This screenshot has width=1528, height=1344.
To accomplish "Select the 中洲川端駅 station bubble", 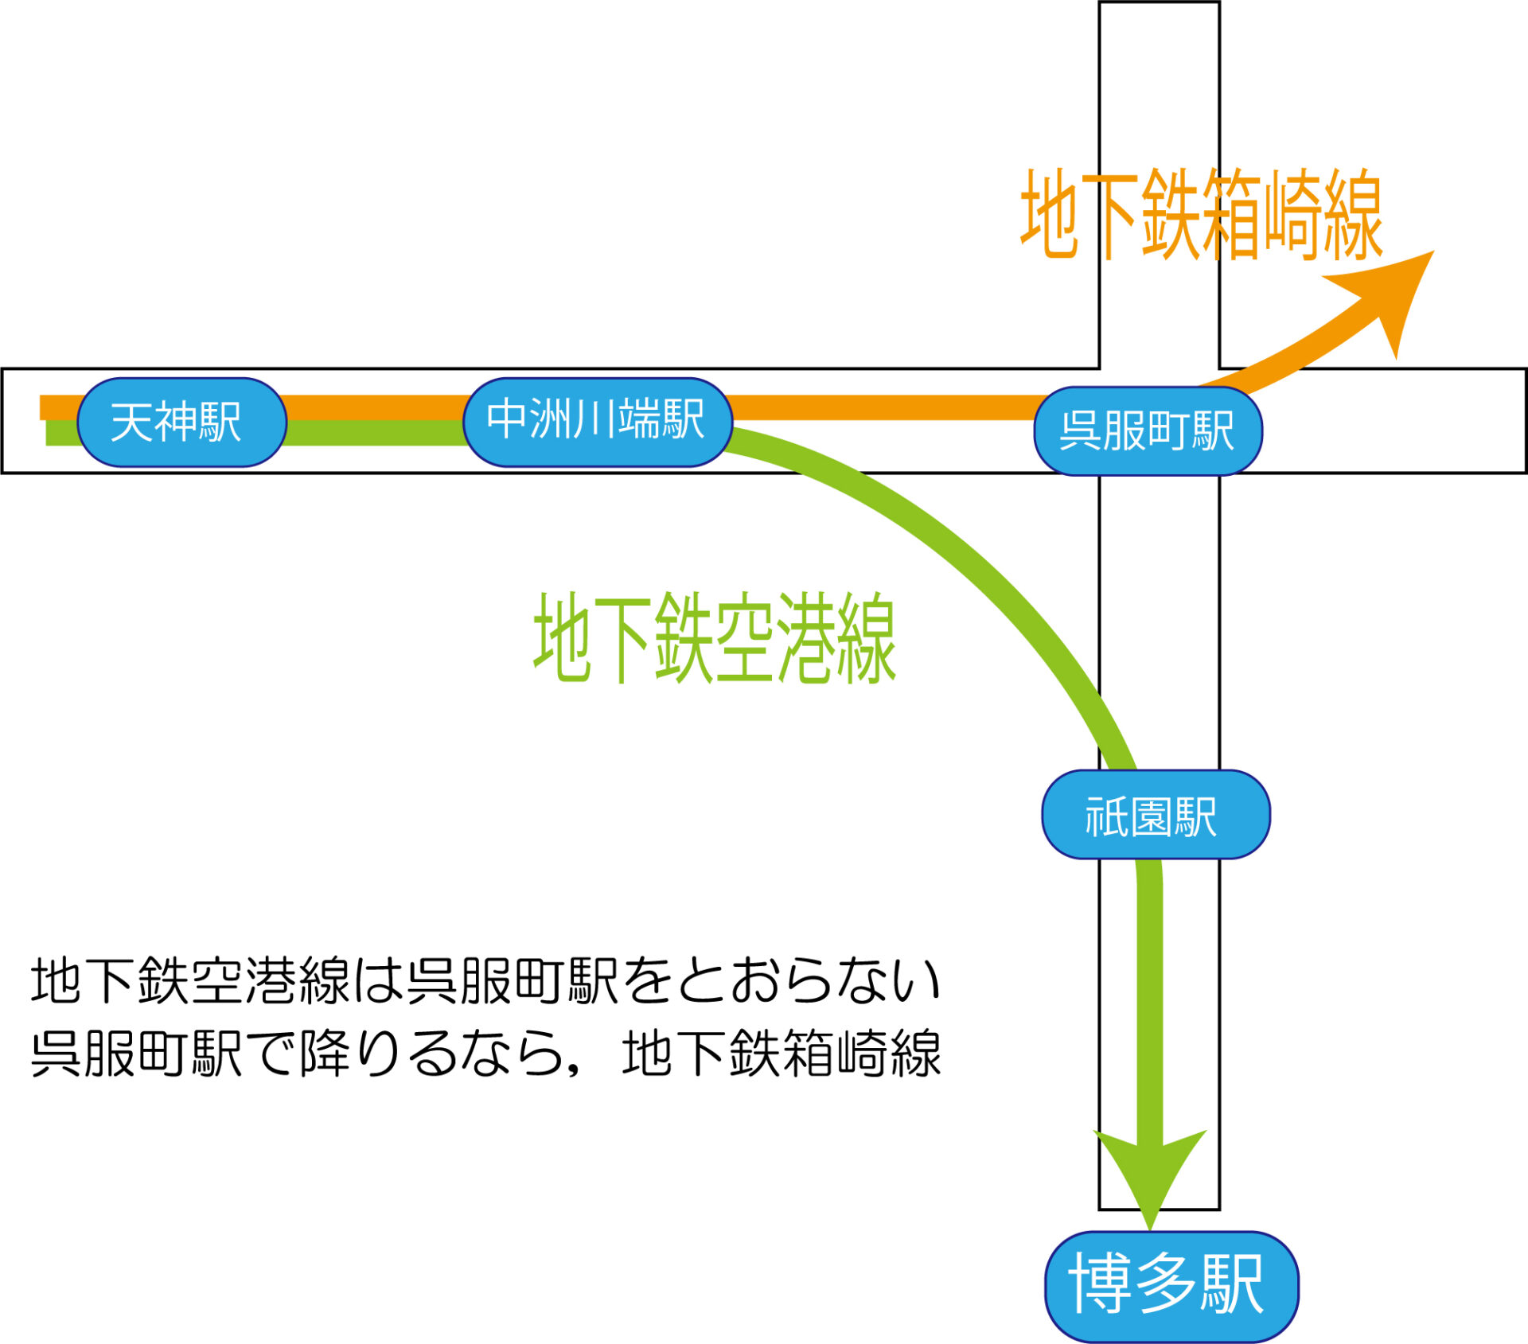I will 597,421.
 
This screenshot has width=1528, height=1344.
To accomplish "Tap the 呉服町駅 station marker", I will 1148,430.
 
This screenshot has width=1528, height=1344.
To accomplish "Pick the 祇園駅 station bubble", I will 1155,815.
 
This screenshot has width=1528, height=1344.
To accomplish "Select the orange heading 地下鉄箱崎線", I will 1202,215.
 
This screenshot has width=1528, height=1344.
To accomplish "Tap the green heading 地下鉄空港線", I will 715,637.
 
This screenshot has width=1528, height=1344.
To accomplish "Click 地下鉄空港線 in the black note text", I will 191,981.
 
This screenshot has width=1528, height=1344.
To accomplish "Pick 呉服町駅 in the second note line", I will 136,1054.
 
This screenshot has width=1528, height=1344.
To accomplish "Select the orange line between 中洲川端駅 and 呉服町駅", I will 883,407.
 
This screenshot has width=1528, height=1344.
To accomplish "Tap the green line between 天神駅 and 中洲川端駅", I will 374,432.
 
